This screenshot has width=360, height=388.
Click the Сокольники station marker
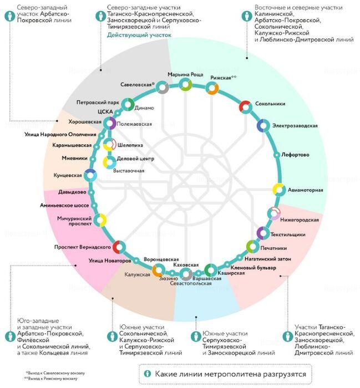pyautogui.click(x=245, y=106)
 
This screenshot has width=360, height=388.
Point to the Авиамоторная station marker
pyautogui.click(x=278, y=190)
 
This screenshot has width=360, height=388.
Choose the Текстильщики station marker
pyautogui.click(x=262, y=233)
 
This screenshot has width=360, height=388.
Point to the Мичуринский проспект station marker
pyautogui.click(x=100, y=221)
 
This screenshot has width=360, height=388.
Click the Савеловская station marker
pyautogui.click(x=162, y=87)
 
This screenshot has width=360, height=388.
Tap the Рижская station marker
pyautogui.click(x=212, y=88)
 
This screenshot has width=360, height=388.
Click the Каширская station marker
pyautogui.click(x=210, y=270)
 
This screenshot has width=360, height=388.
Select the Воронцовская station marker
pyautogui.click(x=158, y=270)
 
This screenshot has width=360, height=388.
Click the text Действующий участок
pyautogui.click(x=139, y=35)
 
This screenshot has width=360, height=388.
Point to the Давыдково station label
pyautogui.click(x=72, y=192)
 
